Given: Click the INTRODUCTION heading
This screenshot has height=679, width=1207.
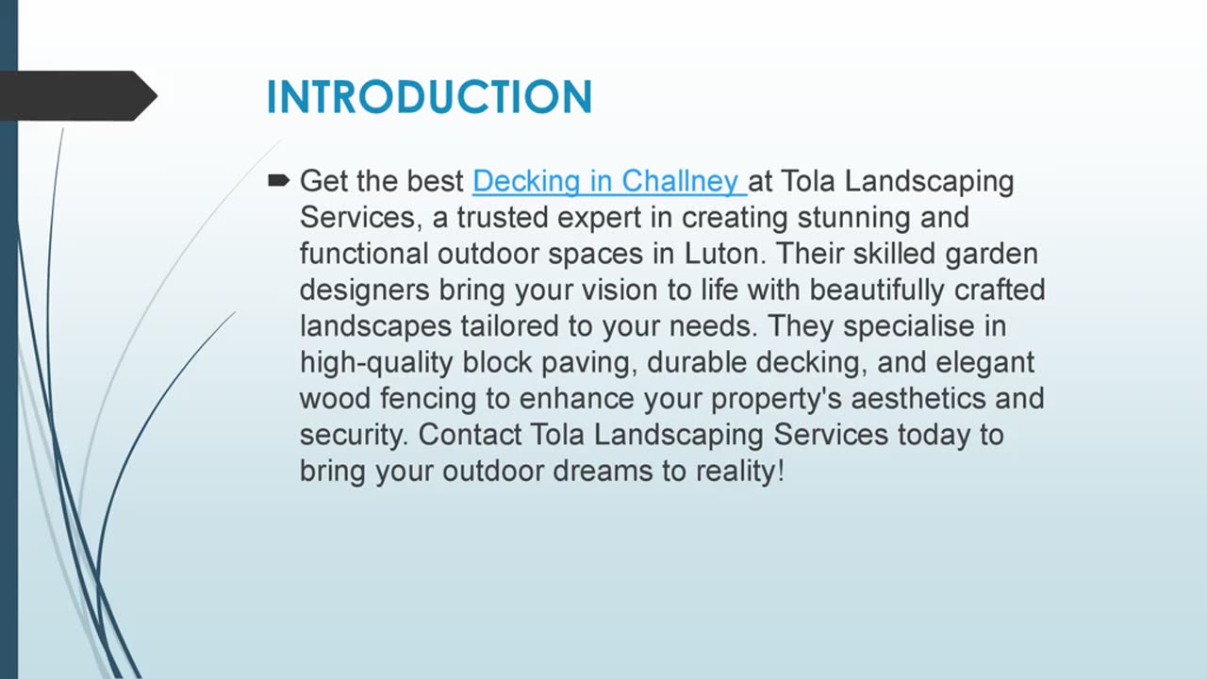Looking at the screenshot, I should tap(429, 97).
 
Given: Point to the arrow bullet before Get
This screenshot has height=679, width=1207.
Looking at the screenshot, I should tap(278, 179).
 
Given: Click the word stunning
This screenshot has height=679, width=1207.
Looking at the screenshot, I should tap(852, 218).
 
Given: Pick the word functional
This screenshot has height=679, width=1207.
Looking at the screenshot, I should tap(364, 254).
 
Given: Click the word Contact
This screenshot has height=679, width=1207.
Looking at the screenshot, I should tap(470, 435).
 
